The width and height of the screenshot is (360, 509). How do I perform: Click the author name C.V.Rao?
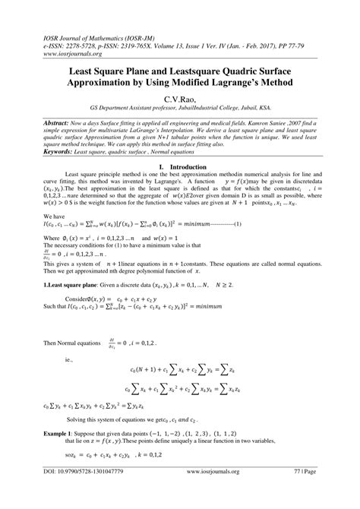pos(180,99)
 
